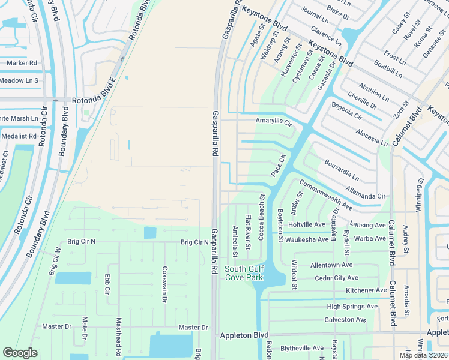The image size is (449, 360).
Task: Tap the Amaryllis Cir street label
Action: [273, 121]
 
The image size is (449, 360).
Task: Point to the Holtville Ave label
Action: [306, 224]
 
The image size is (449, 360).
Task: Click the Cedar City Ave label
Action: [336, 278]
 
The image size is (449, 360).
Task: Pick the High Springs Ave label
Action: [352, 306]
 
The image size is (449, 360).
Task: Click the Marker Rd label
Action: [22, 62]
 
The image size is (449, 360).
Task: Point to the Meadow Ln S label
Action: [19, 80]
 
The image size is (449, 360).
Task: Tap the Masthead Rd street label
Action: [119, 334]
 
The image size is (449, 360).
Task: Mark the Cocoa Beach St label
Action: [261, 217]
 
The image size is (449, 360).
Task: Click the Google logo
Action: [20, 353]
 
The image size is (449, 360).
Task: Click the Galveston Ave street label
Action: [345, 320]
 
